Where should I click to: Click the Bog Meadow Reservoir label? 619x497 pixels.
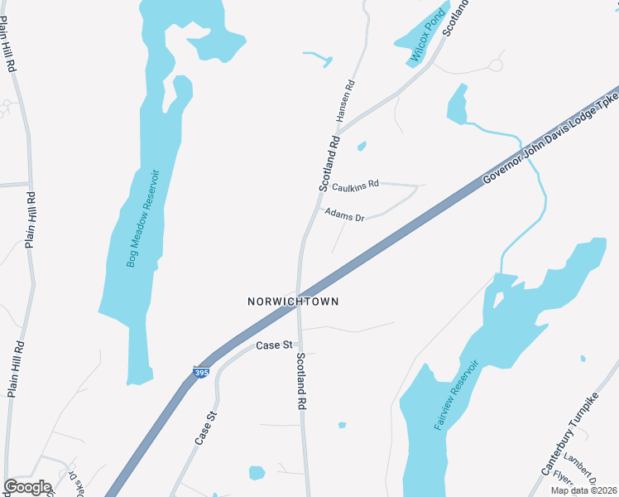click(142, 219)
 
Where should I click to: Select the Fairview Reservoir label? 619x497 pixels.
click(457, 394)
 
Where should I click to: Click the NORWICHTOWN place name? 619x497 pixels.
click(293, 302)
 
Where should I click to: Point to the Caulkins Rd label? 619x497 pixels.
click(356, 184)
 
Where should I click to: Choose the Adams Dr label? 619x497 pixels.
click(344, 215)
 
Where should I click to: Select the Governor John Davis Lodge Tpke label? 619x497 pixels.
click(550, 137)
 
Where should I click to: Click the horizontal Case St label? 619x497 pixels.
click(275, 345)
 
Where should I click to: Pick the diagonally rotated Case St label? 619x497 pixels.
click(206, 428)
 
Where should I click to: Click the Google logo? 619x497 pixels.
click(27, 487)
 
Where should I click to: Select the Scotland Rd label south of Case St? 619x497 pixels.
click(302, 382)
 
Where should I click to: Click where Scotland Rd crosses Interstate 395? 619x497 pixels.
click(298, 307)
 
